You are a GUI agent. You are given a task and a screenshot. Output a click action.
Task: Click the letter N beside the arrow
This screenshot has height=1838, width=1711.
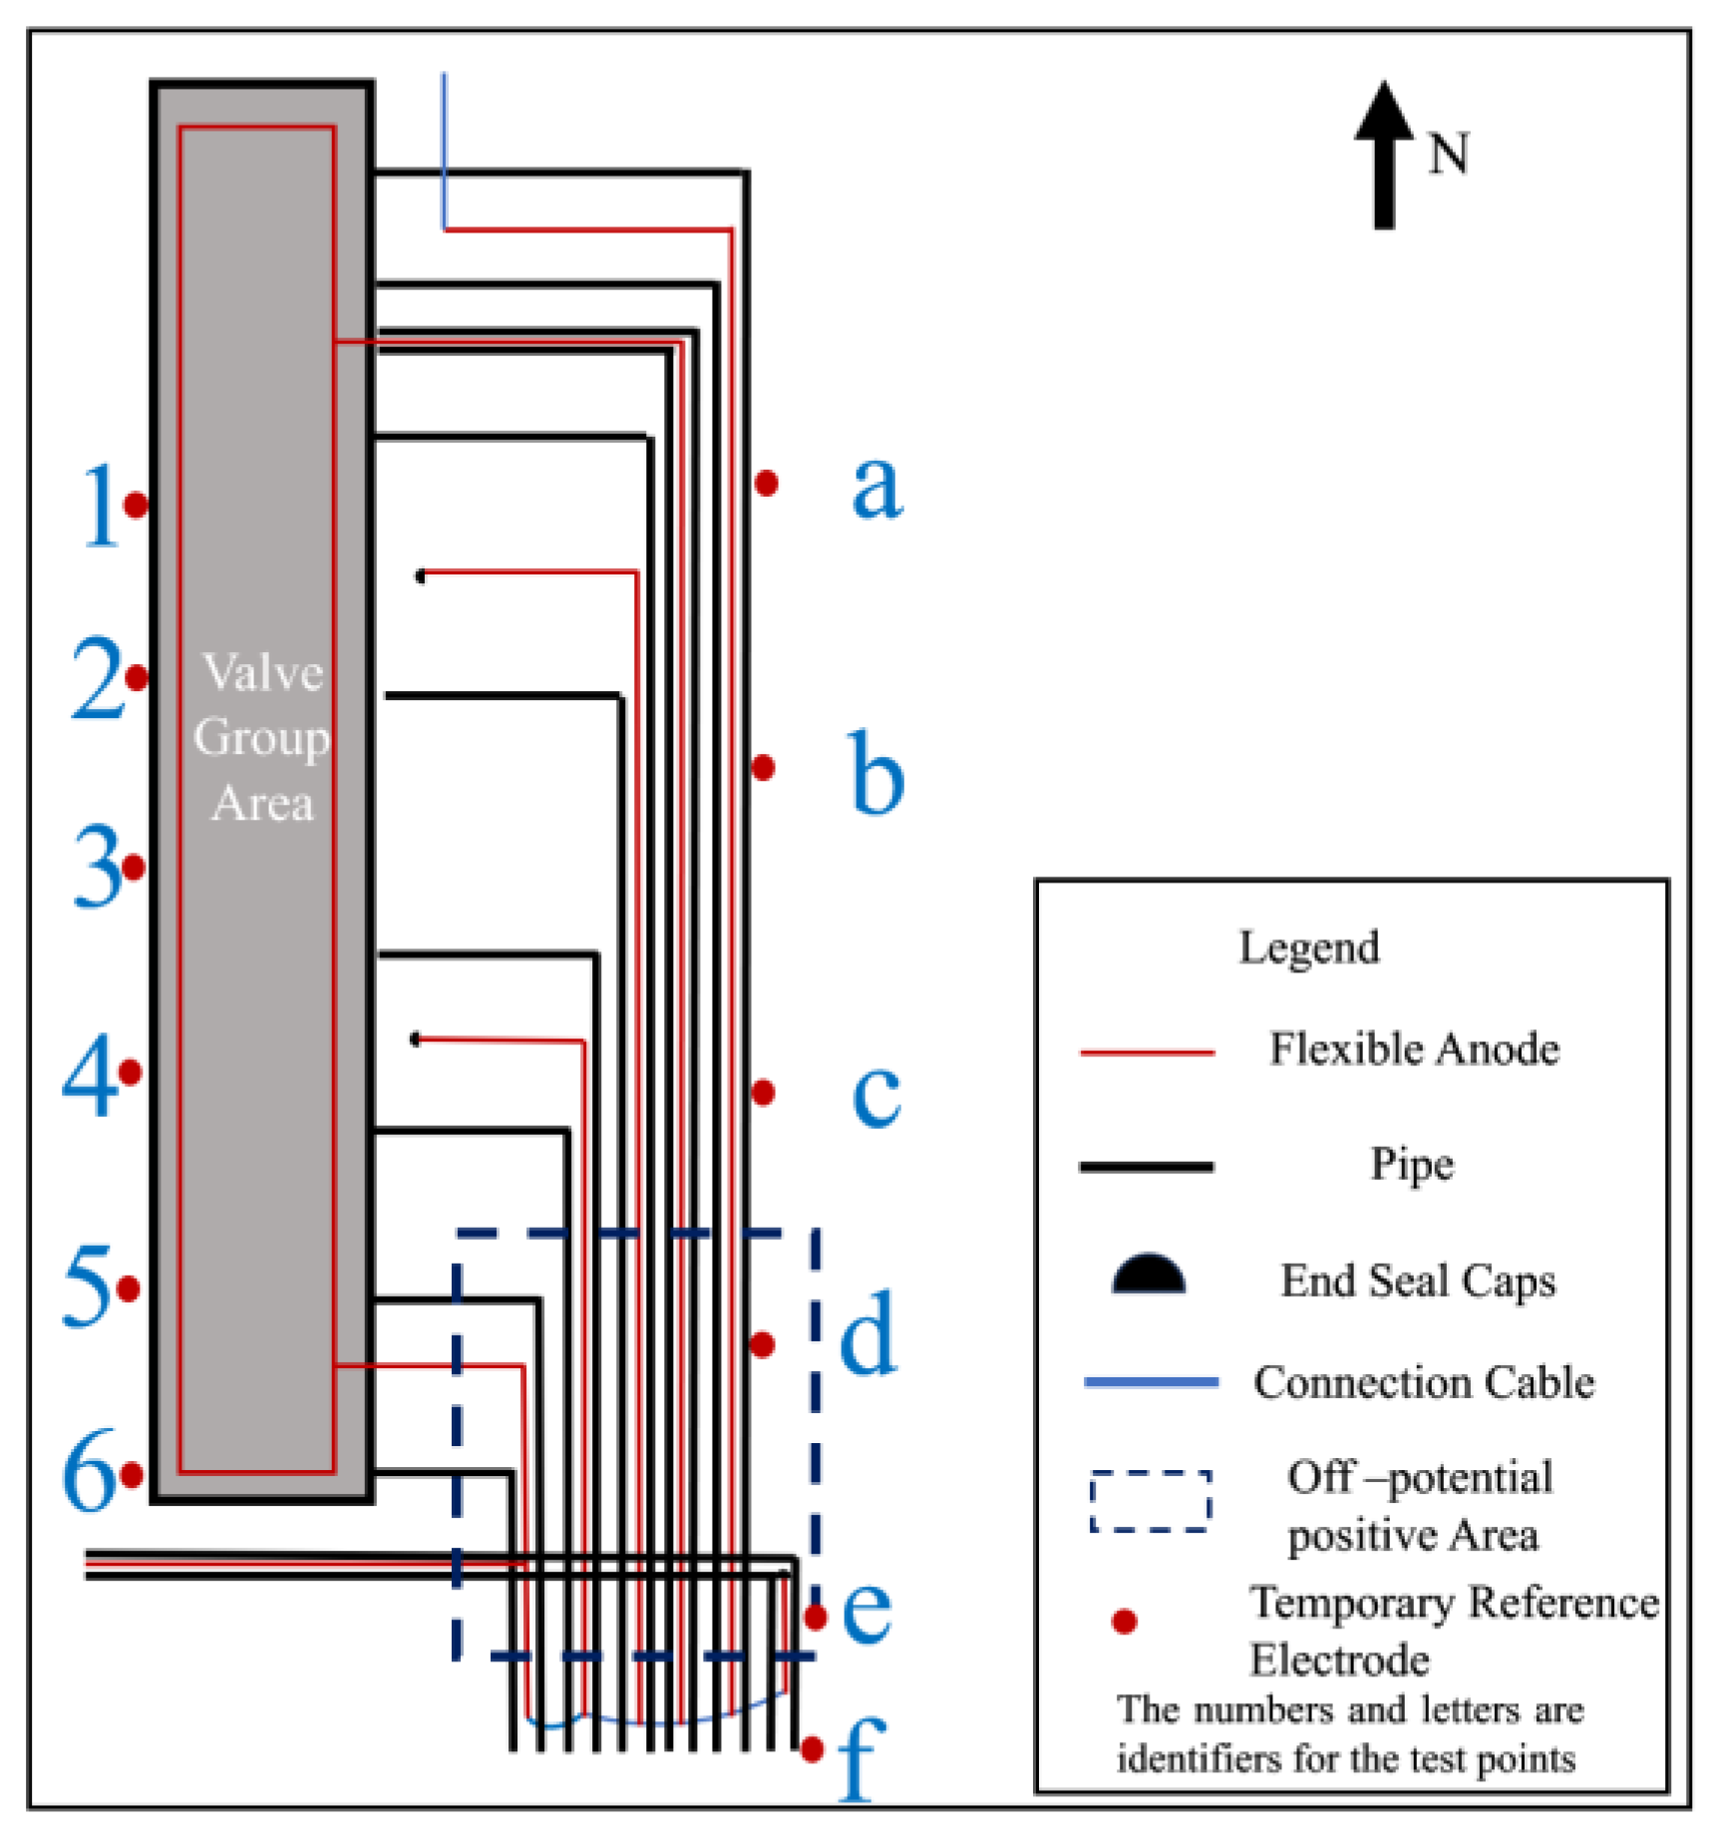(x=1448, y=155)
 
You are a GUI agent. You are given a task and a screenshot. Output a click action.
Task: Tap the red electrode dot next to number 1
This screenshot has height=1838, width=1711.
(x=137, y=505)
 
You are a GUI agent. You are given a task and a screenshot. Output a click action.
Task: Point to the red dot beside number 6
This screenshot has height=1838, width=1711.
(x=132, y=1474)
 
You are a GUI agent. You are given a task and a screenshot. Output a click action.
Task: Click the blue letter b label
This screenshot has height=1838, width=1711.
(x=876, y=773)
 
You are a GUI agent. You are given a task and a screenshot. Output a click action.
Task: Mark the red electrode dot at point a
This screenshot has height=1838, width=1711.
(x=766, y=484)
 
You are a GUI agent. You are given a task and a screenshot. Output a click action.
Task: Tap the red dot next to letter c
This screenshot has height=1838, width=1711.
(x=763, y=1093)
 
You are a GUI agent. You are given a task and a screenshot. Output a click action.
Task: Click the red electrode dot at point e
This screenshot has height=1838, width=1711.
(x=816, y=1617)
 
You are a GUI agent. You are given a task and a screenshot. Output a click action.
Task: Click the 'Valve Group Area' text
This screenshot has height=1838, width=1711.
(x=261, y=737)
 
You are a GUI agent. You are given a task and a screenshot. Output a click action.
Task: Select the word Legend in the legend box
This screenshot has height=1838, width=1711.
(x=1308, y=947)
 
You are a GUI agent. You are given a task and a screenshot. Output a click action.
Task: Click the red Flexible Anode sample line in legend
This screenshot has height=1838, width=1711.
(x=1147, y=1052)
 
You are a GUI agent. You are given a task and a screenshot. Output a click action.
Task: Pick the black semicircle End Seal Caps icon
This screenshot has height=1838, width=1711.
(x=1148, y=1276)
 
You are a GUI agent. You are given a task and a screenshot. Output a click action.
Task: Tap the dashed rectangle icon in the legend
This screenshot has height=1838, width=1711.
(x=1150, y=1500)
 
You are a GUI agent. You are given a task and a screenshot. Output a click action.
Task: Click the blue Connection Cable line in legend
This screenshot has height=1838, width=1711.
(x=1151, y=1382)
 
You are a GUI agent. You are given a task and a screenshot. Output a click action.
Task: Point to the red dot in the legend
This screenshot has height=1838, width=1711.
(x=1124, y=1622)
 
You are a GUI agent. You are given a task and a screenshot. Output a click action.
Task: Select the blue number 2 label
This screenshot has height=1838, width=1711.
(x=96, y=680)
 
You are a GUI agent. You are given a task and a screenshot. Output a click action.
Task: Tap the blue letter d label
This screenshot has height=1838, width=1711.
(x=868, y=1334)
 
